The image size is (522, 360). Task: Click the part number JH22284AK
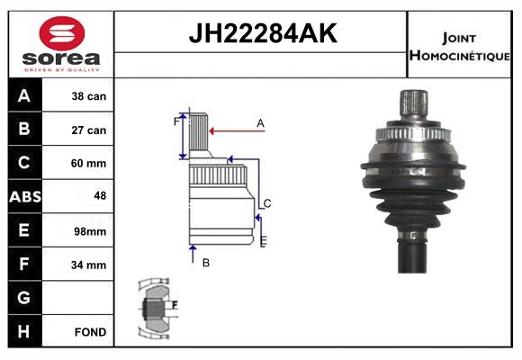(x=263, y=33)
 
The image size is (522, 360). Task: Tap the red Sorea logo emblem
(x=62, y=33)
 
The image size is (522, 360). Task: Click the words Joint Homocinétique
(x=459, y=47)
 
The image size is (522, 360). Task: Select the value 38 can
(x=89, y=96)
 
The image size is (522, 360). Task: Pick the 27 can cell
(x=89, y=130)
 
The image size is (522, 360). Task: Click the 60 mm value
(x=88, y=163)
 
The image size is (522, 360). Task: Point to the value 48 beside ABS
(x=100, y=195)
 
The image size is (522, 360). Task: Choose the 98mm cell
(x=90, y=231)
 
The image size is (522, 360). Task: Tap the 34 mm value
(x=88, y=265)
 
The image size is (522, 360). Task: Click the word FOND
(x=90, y=332)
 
